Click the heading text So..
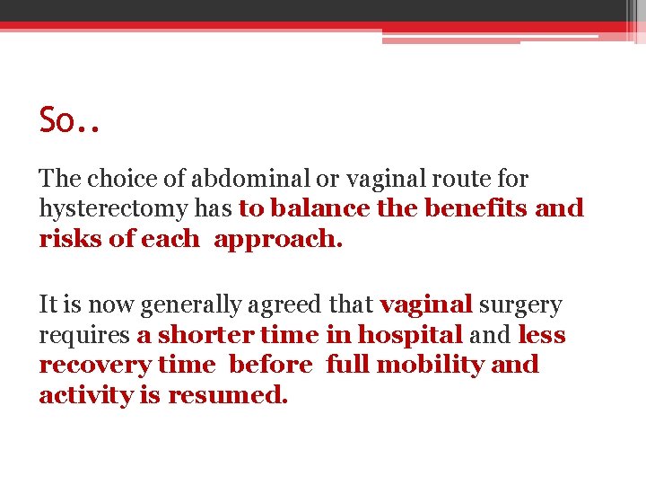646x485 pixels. [60, 120]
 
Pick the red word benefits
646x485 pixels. [476, 209]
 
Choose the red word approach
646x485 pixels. [277, 240]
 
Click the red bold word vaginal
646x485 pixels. [425, 305]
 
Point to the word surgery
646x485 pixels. [520, 305]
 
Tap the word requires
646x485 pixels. [83, 335]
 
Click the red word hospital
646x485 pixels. [409, 335]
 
